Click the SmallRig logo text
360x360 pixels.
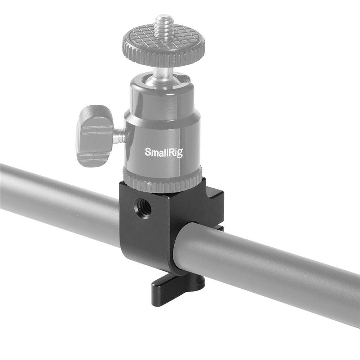(164, 152)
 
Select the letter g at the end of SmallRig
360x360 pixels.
(180, 154)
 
